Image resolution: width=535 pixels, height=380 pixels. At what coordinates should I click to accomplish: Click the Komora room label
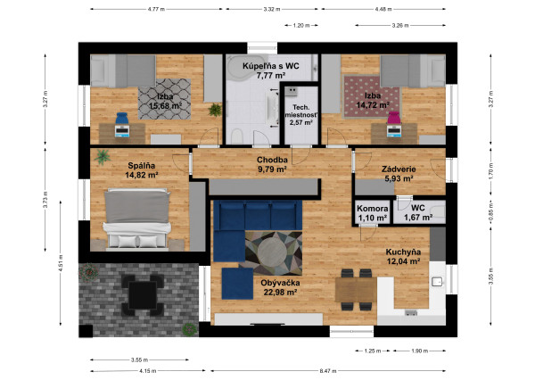tap(372, 208)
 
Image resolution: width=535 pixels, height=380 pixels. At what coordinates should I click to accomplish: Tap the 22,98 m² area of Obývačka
tap(280, 293)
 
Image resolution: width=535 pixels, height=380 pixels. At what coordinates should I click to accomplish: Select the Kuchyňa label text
tap(403, 252)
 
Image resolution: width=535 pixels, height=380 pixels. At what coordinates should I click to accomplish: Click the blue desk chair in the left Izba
tap(121, 119)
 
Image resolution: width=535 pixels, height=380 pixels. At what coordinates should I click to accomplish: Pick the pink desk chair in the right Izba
tap(393, 118)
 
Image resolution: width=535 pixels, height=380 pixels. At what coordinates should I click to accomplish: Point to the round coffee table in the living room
tap(272, 252)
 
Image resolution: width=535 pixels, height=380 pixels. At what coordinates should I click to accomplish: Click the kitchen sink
tap(437, 282)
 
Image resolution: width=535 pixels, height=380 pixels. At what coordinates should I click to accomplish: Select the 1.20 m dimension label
tap(301, 25)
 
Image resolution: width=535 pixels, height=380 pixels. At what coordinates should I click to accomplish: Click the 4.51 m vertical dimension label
tap(61, 263)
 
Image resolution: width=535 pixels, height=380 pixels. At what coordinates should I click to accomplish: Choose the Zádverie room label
tap(399, 169)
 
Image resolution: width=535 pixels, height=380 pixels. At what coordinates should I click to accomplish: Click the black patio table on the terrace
tap(143, 295)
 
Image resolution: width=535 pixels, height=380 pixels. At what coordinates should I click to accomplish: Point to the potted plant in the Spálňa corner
tap(103, 157)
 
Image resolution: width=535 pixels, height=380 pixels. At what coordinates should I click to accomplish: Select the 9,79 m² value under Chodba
tap(272, 169)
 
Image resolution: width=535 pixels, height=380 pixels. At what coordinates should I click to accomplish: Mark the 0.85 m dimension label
tap(491, 212)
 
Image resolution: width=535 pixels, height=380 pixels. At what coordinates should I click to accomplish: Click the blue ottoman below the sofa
tap(237, 284)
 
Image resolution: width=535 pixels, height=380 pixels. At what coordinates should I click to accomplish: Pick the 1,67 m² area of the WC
tap(418, 217)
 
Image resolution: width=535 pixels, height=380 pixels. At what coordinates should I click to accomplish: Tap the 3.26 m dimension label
tap(400, 25)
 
